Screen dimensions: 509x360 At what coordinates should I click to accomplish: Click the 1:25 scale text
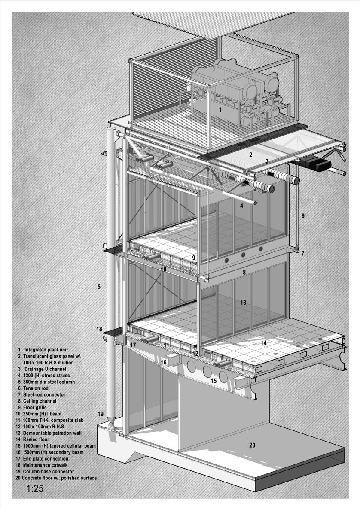(x=35, y=488)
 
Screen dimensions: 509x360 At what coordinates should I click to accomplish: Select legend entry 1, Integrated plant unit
(x=45, y=350)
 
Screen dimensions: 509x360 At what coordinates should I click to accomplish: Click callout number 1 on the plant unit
(x=220, y=110)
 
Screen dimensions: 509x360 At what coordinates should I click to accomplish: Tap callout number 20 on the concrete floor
(x=252, y=445)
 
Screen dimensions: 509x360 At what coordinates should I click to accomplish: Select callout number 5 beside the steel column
(x=99, y=286)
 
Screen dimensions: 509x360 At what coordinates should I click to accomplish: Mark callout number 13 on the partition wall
(x=243, y=303)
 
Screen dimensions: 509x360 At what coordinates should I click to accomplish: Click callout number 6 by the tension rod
(x=302, y=216)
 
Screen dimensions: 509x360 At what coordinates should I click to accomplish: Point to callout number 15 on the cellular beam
(x=214, y=380)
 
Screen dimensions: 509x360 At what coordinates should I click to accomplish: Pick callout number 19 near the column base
(x=101, y=414)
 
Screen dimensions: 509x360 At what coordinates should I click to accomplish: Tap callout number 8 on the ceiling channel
(x=244, y=272)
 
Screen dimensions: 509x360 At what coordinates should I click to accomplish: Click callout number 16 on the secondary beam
(x=163, y=362)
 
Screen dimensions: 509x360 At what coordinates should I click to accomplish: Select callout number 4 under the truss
(x=242, y=206)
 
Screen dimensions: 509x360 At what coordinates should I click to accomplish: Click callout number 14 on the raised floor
(x=263, y=343)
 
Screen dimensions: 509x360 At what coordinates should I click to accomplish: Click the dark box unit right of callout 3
(x=318, y=163)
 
